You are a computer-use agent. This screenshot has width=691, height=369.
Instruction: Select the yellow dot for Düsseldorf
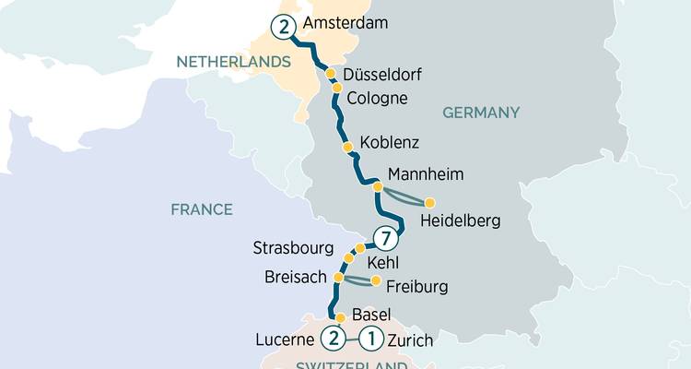(331, 73)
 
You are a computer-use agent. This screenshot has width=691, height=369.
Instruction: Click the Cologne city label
(377, 99)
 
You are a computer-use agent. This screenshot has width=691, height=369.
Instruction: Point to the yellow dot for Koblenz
(347, 147)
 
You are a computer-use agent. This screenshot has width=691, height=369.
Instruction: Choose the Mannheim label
(426, 173)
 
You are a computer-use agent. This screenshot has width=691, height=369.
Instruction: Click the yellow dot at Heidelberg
(429, 202)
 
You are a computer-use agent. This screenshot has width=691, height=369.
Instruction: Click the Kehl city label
(383, 264)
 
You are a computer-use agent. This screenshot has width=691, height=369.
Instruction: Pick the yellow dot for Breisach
(338, 277)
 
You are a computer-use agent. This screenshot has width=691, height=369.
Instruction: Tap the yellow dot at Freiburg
(376, 280)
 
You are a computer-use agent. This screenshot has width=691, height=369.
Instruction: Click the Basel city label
(372, 315)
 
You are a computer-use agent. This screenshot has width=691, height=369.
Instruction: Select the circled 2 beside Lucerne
(333, 339)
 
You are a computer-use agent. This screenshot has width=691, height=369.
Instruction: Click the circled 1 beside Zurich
(371, 339)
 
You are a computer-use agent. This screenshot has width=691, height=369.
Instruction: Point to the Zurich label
(411, 340)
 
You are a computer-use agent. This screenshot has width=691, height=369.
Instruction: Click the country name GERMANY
(481, 113)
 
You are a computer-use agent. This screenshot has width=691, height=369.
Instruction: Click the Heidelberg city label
(460, 221)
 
